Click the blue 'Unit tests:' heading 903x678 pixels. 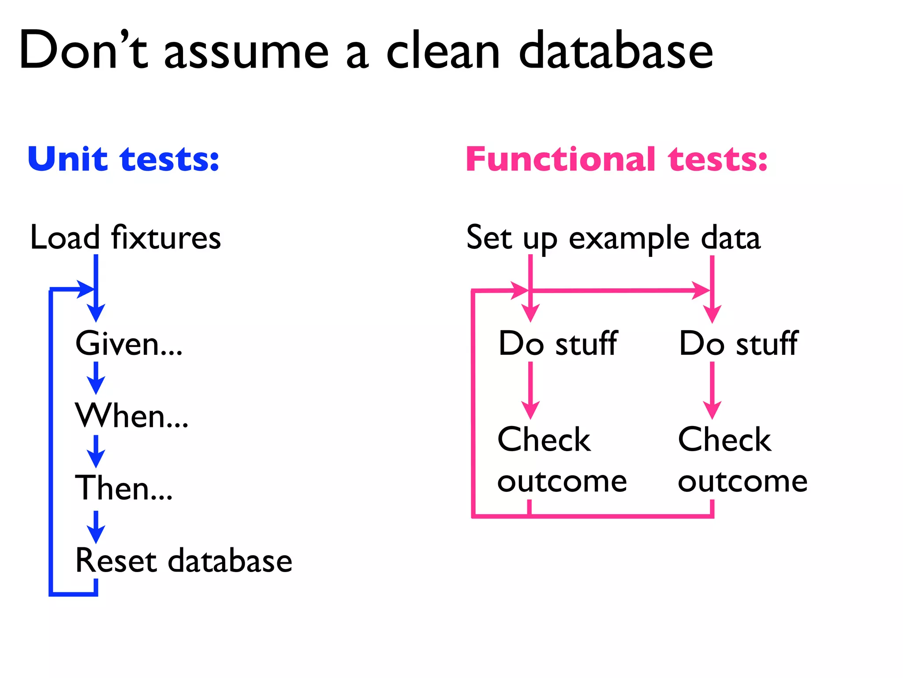tap(123, 159)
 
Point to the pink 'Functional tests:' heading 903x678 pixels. tap(616, 159)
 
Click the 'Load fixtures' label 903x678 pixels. tap(125, 238)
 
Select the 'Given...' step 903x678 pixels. tap(129, 343)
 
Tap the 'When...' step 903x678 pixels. tap(132, 416)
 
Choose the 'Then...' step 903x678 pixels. tap(124, 488)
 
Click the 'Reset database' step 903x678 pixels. tap(183, 561)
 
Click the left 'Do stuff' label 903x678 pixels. tap(558, 343)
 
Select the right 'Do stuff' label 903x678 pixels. tap(739, 343)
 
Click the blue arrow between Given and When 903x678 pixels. tap(96, 378)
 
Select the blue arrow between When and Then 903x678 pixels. tap(96, 451)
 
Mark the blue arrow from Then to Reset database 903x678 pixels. tap(96, 527)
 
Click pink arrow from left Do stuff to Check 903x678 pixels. tap(530, 390)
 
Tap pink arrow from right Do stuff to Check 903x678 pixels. tap(712, 390)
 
